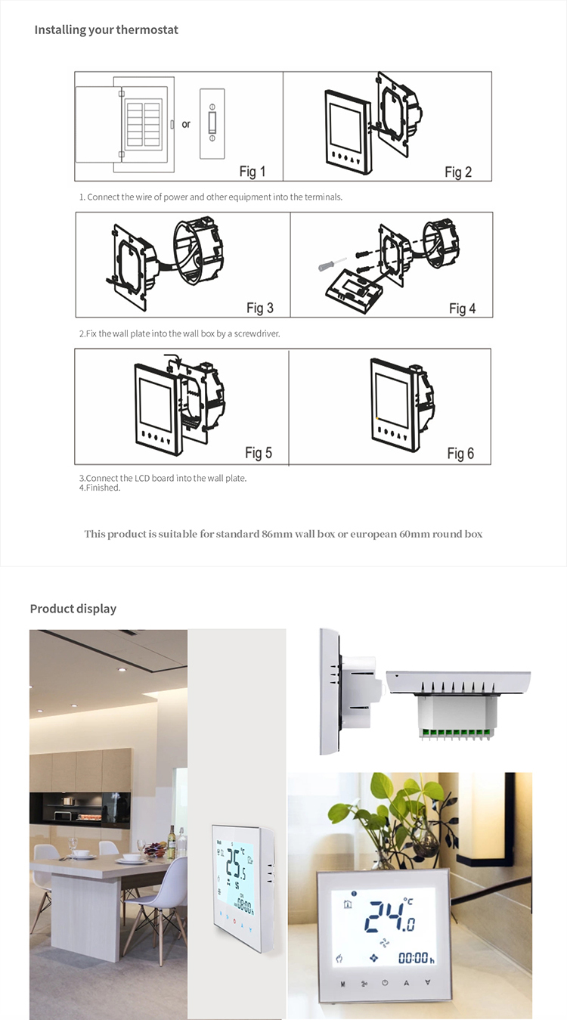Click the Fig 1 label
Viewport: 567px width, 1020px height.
point(253,172)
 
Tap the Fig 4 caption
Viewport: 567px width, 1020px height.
point(462,308)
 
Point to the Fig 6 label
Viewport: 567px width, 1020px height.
point(460,453)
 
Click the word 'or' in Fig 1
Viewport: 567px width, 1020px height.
point(186,125)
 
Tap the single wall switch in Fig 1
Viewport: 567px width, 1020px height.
point(212,124)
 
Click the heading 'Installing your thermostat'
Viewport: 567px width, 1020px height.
point(107,30)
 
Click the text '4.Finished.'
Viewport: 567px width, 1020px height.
point(100,488)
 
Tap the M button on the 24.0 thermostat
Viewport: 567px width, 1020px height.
point(342,984)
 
